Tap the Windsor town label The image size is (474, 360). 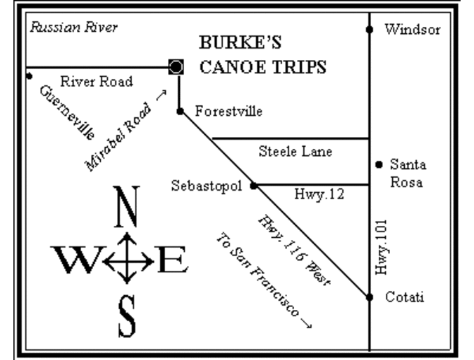tap(413, 30)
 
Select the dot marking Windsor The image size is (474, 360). tap(370, 30)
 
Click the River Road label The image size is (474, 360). tap(97, 81)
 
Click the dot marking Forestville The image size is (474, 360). tap(181, 111)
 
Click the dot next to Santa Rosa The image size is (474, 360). tap(379, 164)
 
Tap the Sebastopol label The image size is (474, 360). tap(207, 186)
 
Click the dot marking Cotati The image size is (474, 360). tap(370, 297)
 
